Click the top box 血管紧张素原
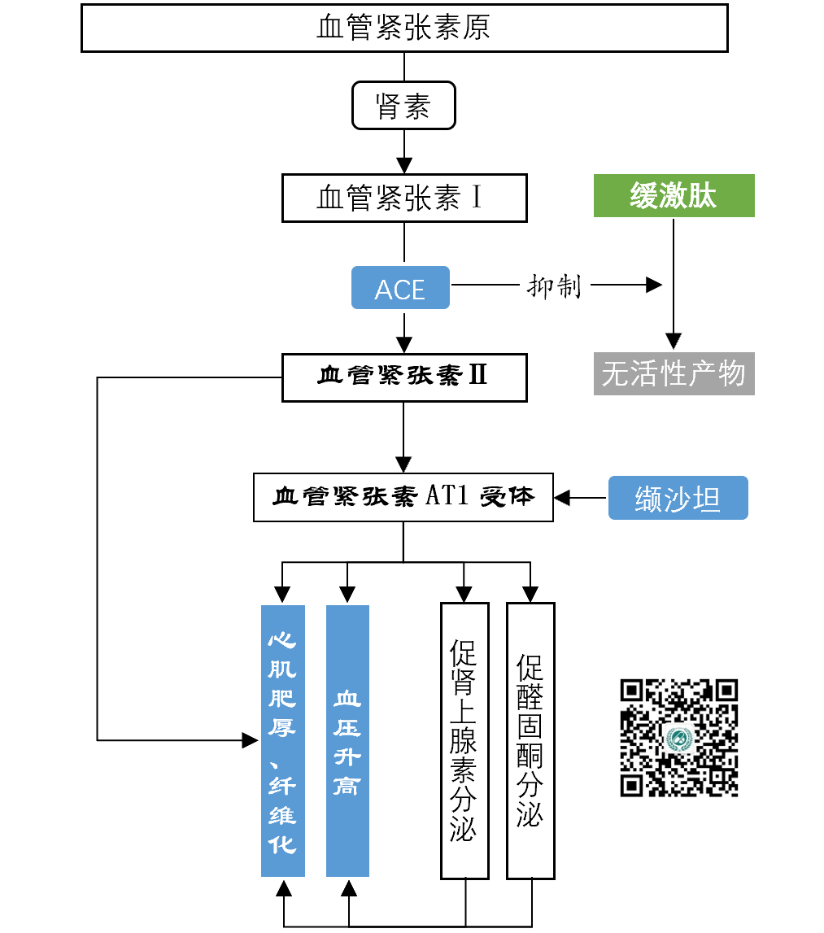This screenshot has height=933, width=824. tap(404, 28)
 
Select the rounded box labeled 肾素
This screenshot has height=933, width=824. tap(403, 106)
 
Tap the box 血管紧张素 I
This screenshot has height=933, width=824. tap(404, 198)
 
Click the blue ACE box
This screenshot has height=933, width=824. tap(400, 288)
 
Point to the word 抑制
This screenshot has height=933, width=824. tap(555, 286)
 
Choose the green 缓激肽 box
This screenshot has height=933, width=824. tap(674, 196)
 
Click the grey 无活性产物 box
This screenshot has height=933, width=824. tap(674, 374)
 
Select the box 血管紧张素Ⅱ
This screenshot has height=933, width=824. tap(404, 377)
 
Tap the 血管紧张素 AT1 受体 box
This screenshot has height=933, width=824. tap(403, 497)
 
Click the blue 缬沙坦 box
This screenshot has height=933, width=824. tap(678, 499)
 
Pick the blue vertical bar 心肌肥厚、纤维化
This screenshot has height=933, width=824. tap(282, 740)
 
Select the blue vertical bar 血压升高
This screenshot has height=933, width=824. tap(347, 740)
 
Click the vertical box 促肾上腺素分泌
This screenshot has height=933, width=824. tap(464, 740)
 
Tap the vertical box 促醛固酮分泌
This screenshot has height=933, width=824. tap(530, 740)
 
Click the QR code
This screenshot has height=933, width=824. tap(679, 738)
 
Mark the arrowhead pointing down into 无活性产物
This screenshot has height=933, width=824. tap(674, 342)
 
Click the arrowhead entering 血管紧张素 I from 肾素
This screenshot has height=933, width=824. tap(404, 165)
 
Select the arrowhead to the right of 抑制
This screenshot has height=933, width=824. tap(654, 285)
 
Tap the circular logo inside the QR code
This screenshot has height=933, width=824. tap(678, 739)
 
